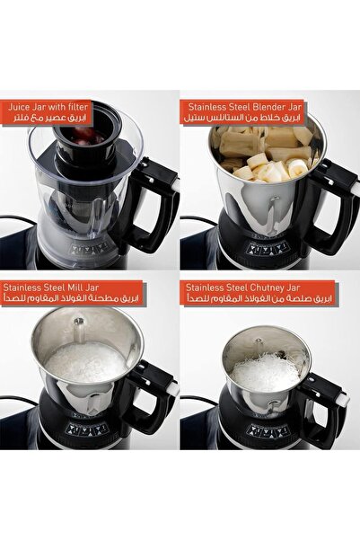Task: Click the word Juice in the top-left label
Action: (x=19, y=107)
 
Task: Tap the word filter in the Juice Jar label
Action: (x=78, y=106)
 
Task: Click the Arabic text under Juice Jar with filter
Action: (x=48, y=118)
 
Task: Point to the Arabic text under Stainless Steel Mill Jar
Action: (x=70, y=298)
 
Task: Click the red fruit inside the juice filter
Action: (x=83, y=134)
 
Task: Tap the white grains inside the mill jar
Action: (x=86, y=361)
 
